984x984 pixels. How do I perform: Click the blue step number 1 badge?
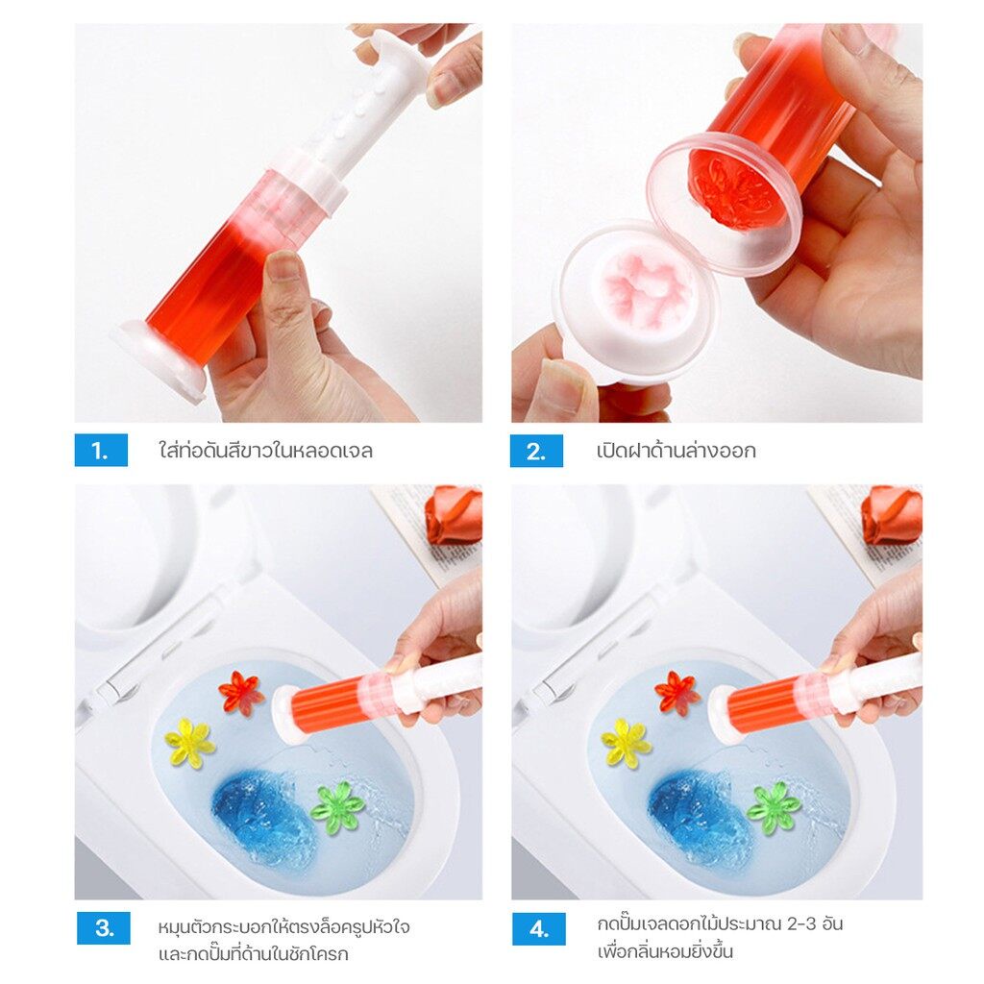click(101, 450)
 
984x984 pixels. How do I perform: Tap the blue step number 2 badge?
click(536, 451)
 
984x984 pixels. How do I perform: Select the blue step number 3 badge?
click(104, 928)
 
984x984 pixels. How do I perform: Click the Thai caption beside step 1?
click(266, 451)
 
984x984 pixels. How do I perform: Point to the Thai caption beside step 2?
click(676, 451)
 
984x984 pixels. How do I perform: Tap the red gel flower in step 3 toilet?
click(241, 693)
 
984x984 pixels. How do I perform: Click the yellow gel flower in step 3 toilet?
click(189, 743)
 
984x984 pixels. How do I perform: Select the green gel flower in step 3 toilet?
click(337, 807)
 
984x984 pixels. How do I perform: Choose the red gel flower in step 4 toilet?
click(677, 693)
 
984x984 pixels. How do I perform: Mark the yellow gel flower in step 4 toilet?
click(626, 743)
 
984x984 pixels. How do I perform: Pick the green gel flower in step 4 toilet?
click(774, 807)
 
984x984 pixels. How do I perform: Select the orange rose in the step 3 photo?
click(454, 515)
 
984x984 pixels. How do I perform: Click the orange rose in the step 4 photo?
click(891, 515)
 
